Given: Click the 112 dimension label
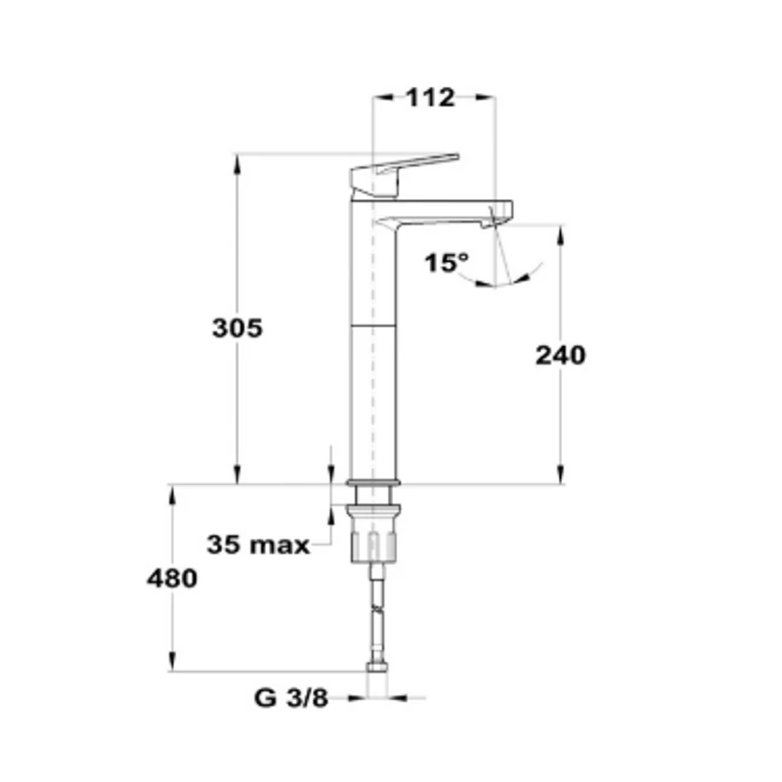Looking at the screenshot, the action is coord(430,97).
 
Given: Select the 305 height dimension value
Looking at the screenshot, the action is coord(238,328).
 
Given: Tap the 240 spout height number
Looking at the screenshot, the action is coord(560,356).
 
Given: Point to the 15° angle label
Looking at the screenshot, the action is coord(447,262).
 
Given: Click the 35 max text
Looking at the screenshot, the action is coord(258,544).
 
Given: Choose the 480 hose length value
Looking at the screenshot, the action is coord(172,579).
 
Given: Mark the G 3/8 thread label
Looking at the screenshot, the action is coord(291,698).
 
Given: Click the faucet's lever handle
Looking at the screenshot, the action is coord(405,175).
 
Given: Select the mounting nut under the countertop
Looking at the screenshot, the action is coord(374,534).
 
